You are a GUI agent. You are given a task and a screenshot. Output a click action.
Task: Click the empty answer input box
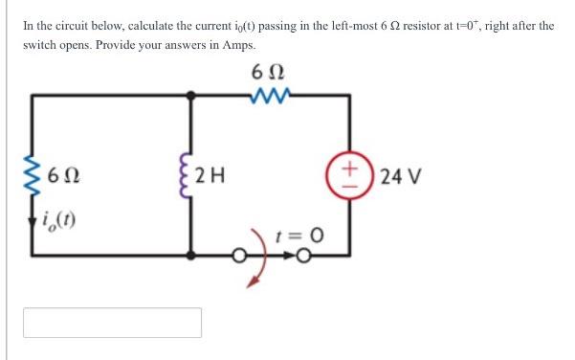coord(112,323)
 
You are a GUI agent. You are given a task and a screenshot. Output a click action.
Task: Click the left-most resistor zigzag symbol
coord(35,174)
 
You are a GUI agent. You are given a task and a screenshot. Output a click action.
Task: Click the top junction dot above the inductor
coord(192,95)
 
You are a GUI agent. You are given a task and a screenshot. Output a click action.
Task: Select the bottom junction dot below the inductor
coord(192,256)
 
